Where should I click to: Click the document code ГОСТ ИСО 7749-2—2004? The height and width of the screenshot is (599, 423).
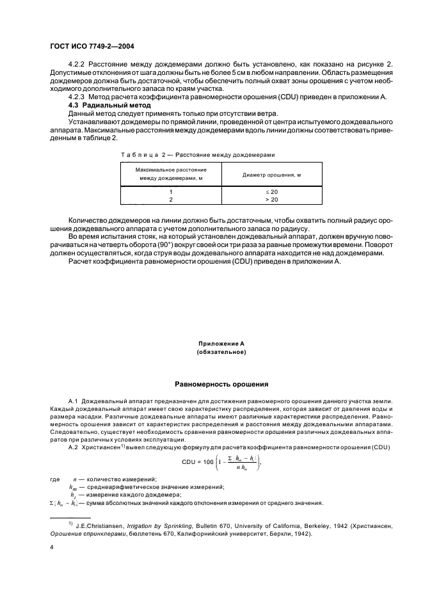tap(92, 47)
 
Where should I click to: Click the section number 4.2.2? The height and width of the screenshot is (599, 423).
tap(77, 65)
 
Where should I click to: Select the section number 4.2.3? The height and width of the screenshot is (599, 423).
tap(77, 96)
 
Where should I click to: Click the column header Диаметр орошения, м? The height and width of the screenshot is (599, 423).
tap(272, 174)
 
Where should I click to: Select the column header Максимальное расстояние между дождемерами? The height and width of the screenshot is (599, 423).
tap(171, 174)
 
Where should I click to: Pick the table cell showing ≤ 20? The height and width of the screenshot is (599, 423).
tap(272, 191)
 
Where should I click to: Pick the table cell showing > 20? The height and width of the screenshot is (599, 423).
tap(272, 200)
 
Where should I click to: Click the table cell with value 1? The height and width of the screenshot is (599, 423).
tap(171, 191)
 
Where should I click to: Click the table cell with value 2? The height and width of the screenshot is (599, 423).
tap(171, 200)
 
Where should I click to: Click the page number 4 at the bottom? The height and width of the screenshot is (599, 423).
tap(51, 547)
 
